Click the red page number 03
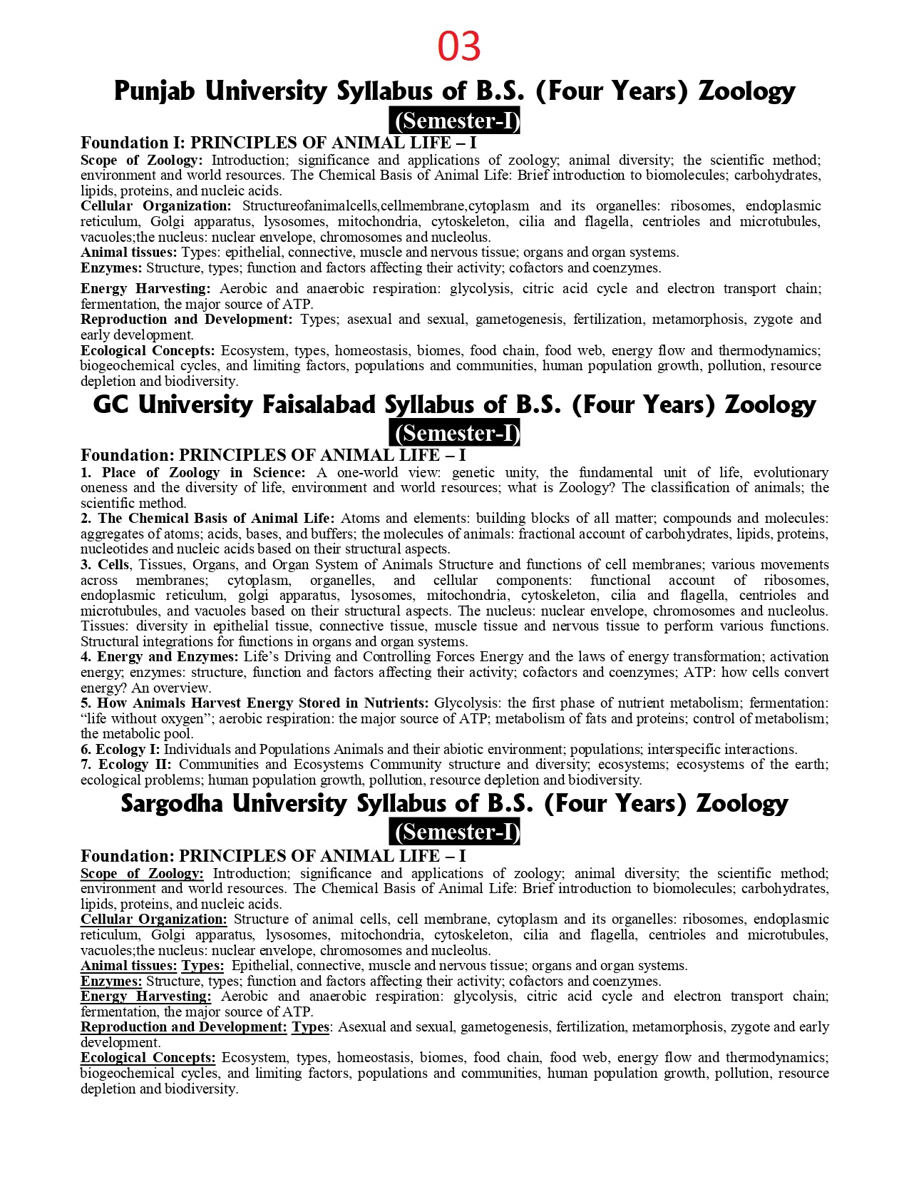(x=459, y=47)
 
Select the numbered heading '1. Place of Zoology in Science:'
(x=193, y=473)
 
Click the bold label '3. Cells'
(x=105, y=565)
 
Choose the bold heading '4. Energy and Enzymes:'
(x=160, y=657)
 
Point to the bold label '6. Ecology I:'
(x=120, y=750)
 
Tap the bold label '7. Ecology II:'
(x=125, y=765)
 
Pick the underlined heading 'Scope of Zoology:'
(x=142, y=874)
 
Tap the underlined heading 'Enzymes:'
(x=111, y=982)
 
